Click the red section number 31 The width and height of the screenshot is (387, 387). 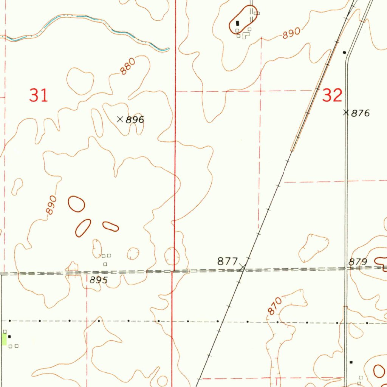[x=39, y=95]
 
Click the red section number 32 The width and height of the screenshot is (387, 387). [x=332, y=96]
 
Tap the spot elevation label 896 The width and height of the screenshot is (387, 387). [x=135, y=120]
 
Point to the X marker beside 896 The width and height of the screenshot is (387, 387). [x=120, y=119]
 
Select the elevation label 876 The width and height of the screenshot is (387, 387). [x=360, y=113]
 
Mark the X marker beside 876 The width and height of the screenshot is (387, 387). [x=346, y=112]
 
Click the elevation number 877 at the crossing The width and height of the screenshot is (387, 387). [x=227, y=261]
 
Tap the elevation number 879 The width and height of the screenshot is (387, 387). [x=358, y=262]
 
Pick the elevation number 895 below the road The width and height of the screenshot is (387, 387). [x=99, y=280]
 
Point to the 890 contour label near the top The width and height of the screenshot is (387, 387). [x=291, y=33]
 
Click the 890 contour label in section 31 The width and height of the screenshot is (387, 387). [x=51, y=205]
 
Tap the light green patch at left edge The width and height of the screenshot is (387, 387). [x=4, y=339]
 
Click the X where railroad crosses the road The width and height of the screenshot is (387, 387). [x=243, y=268]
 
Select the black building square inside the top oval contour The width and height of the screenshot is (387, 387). [x=237, y=23]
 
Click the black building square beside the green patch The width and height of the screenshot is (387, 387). [x=9, y=336]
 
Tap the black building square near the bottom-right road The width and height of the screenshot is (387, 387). [x=351, y=362]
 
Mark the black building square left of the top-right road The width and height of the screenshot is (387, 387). [x=344, y=52]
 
